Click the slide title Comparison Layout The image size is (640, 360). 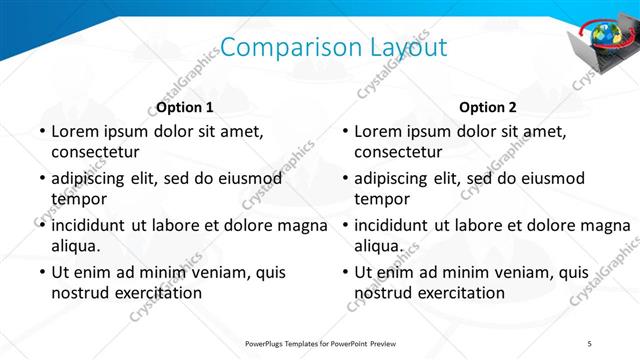[333, 47]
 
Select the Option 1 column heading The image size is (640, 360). [184, 107]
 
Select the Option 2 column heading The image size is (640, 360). [488, 107]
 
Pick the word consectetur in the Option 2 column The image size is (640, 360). [398, 153]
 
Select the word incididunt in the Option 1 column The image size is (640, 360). [93, 224]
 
